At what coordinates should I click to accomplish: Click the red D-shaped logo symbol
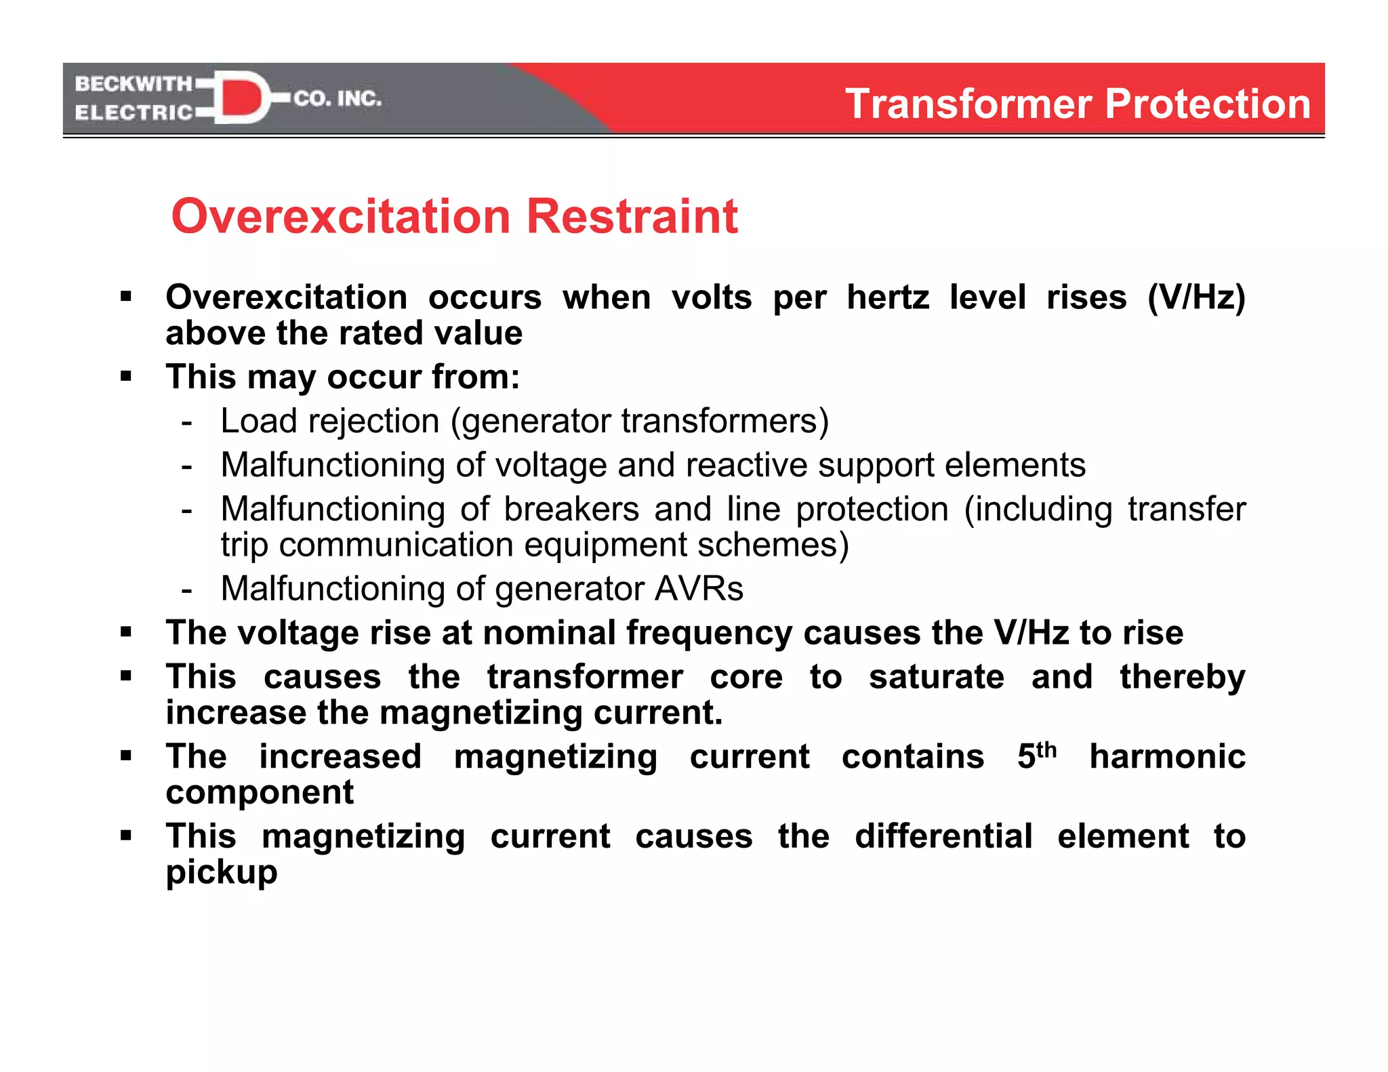[x=241, y=98]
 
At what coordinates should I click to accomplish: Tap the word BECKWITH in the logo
[x=133, y=84]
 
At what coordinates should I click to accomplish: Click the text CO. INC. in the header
[x=338, y=99]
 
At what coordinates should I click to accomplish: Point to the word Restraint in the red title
[x=632, y=217]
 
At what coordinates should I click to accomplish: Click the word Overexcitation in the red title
[x=341, y=217]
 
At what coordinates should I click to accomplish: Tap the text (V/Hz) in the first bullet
[x=1196, y=297]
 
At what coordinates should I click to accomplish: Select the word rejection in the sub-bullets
[x=373, y=421]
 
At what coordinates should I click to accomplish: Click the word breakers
[x=571, y=510]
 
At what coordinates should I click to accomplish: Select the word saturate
[x=936, y=677]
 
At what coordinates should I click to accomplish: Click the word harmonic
[x=1167, y=756]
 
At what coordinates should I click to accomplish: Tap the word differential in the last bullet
[x=943, y=836]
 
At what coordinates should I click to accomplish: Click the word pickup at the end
[x=222, y=873]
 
